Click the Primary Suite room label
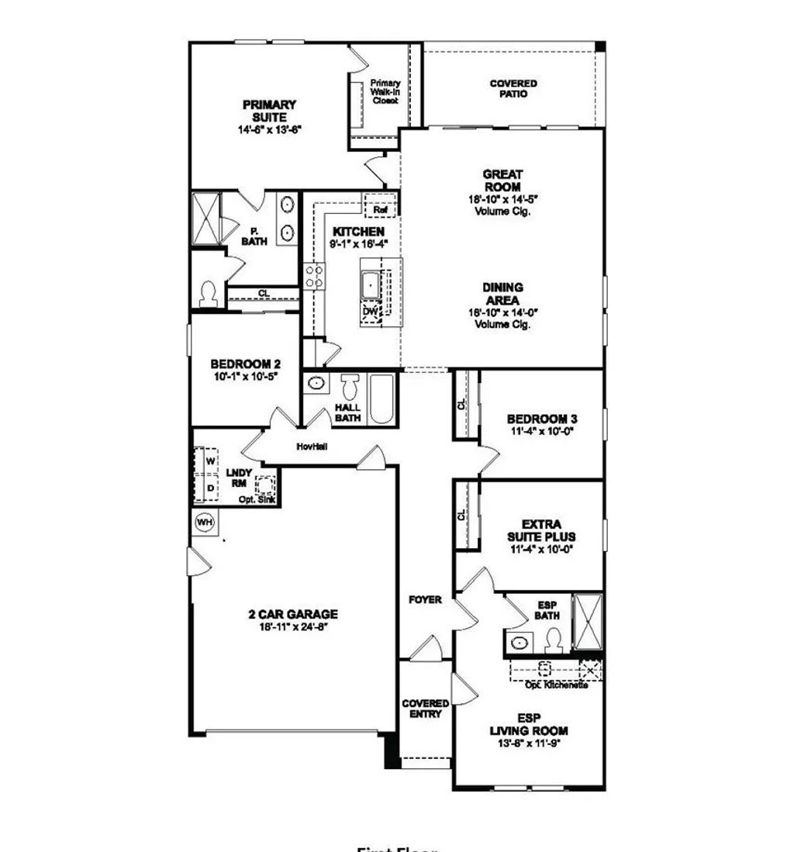click(269, 111)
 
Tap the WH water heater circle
click(205, 522)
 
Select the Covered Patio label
click(513, 88)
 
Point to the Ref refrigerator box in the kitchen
click(380, 208)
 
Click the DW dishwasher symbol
click(370, 312)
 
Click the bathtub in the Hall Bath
click(381, 399)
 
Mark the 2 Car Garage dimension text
click(293, 626)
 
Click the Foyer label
click(425, 599)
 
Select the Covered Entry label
click(425, 709)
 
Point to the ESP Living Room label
click(529, 725)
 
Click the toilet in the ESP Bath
click(553, 639)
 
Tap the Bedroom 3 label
click(542, 419)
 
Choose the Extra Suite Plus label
click(542, 530)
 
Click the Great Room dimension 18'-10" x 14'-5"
click(503, 199)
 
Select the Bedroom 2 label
click(245, 364)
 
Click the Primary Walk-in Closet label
click(385, 91)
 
